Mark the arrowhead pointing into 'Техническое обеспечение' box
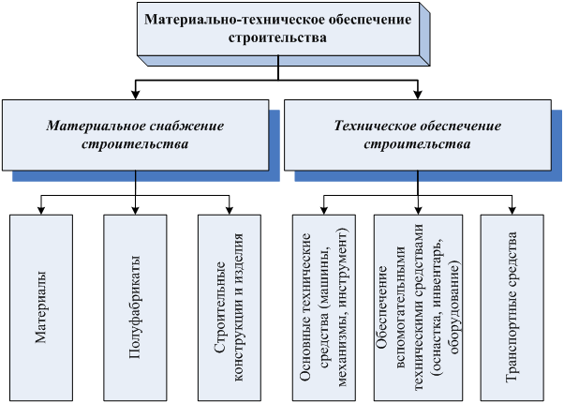coord(418,96)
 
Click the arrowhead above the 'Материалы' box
coord(42,209)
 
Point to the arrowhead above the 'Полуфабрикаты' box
coord(137,209)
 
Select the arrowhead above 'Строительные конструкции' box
coord(230,209)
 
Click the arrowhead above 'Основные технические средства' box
coord(324,209)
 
